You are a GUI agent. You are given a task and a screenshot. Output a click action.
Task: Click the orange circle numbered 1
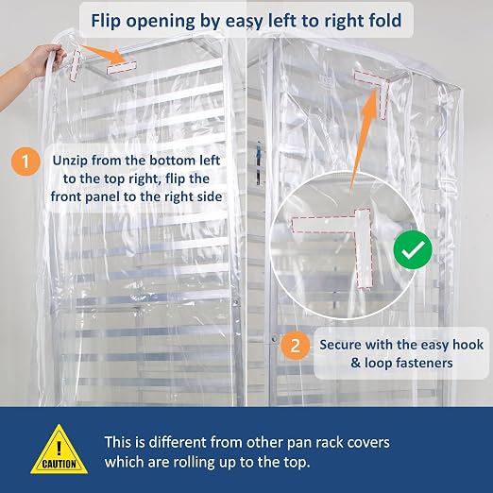pos(25,161)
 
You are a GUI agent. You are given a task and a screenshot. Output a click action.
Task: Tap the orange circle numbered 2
pos(295,346)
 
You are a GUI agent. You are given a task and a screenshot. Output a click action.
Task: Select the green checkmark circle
pos(413,249)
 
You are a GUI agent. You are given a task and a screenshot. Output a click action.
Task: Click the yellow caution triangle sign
pos(59,450)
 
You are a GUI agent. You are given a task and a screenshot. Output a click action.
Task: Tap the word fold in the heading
pos(384,20)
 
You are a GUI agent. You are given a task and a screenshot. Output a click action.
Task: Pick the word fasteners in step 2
pos(424,363)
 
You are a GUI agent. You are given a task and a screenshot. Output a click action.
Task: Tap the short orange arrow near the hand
pos(104,54)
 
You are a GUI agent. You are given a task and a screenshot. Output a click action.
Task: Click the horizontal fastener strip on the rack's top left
pos(122,67)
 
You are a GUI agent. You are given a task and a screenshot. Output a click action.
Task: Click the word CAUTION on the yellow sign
pos(59,464)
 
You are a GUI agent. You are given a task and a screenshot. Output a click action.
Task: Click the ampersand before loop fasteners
pos(356,363)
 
